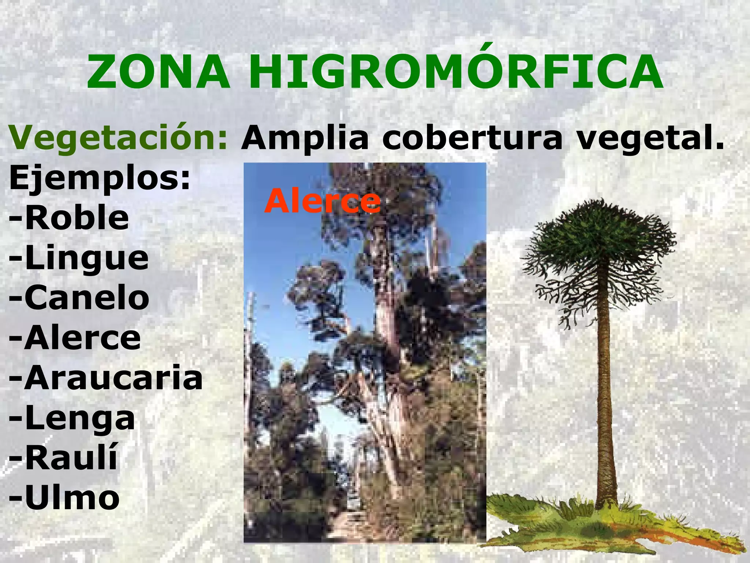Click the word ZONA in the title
tap(158, 72)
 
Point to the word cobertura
tap(472, 138)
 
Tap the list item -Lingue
tap(79, 259)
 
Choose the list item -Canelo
tap(79, 298)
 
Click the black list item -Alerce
tap(75, 338)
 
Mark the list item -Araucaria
tap(105, 378)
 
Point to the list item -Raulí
tap(63, 458)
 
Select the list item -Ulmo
tap(64, 498)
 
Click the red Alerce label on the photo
tap(322, 201)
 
